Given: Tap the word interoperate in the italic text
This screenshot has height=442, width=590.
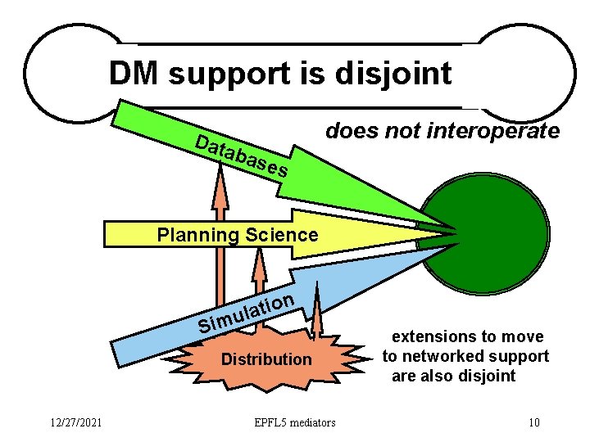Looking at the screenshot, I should coord(503,130).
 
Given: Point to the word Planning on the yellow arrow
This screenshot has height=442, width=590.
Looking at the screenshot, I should coord(195,236).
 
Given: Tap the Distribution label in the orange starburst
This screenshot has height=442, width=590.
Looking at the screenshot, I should coord(266,359).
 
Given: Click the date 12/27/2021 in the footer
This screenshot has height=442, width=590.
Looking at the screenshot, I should coord(74,422).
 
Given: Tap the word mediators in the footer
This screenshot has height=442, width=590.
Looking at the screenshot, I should coord(316,422).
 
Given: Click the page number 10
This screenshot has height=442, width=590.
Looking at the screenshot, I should coord(534,422).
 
